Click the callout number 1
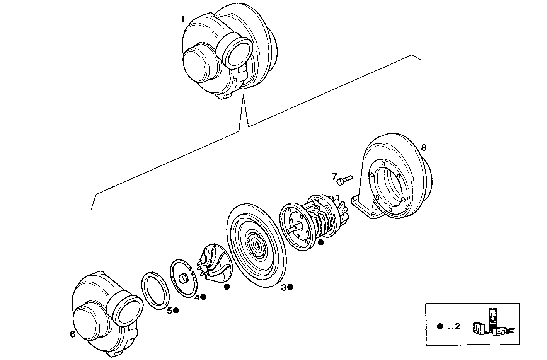[x=183, y=19]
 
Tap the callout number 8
[x=424, y=147]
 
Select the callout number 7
[x=334, y=177]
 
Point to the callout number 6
[x=72, y=334]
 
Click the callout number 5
[x=169, y=311]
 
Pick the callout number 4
[x=197, y=297]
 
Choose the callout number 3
[x=284, y=287]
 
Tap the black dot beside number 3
[x=290, y=287]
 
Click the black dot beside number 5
[x=176, y=310]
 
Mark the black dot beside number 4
[x=203, y=297]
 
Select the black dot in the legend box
[x=440, y=326]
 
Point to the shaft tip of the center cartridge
[x=290, y=229]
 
